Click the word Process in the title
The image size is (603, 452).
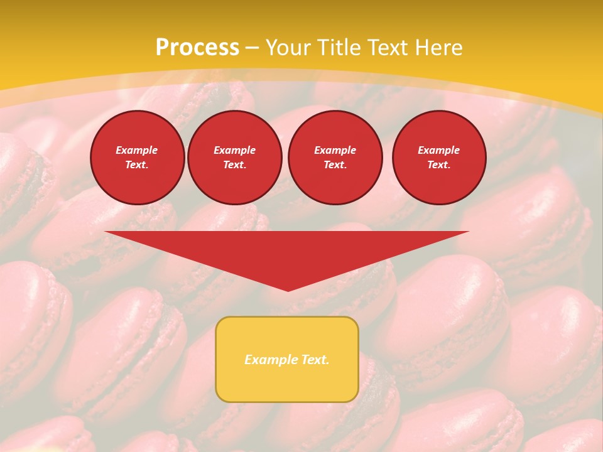point(197,48)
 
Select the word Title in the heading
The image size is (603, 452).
point(338,48)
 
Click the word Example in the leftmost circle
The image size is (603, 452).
point(137,150)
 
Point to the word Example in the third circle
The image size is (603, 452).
point(335,150)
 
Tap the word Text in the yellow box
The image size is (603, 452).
point(313,360)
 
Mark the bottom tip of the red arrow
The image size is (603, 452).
point(288,289)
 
